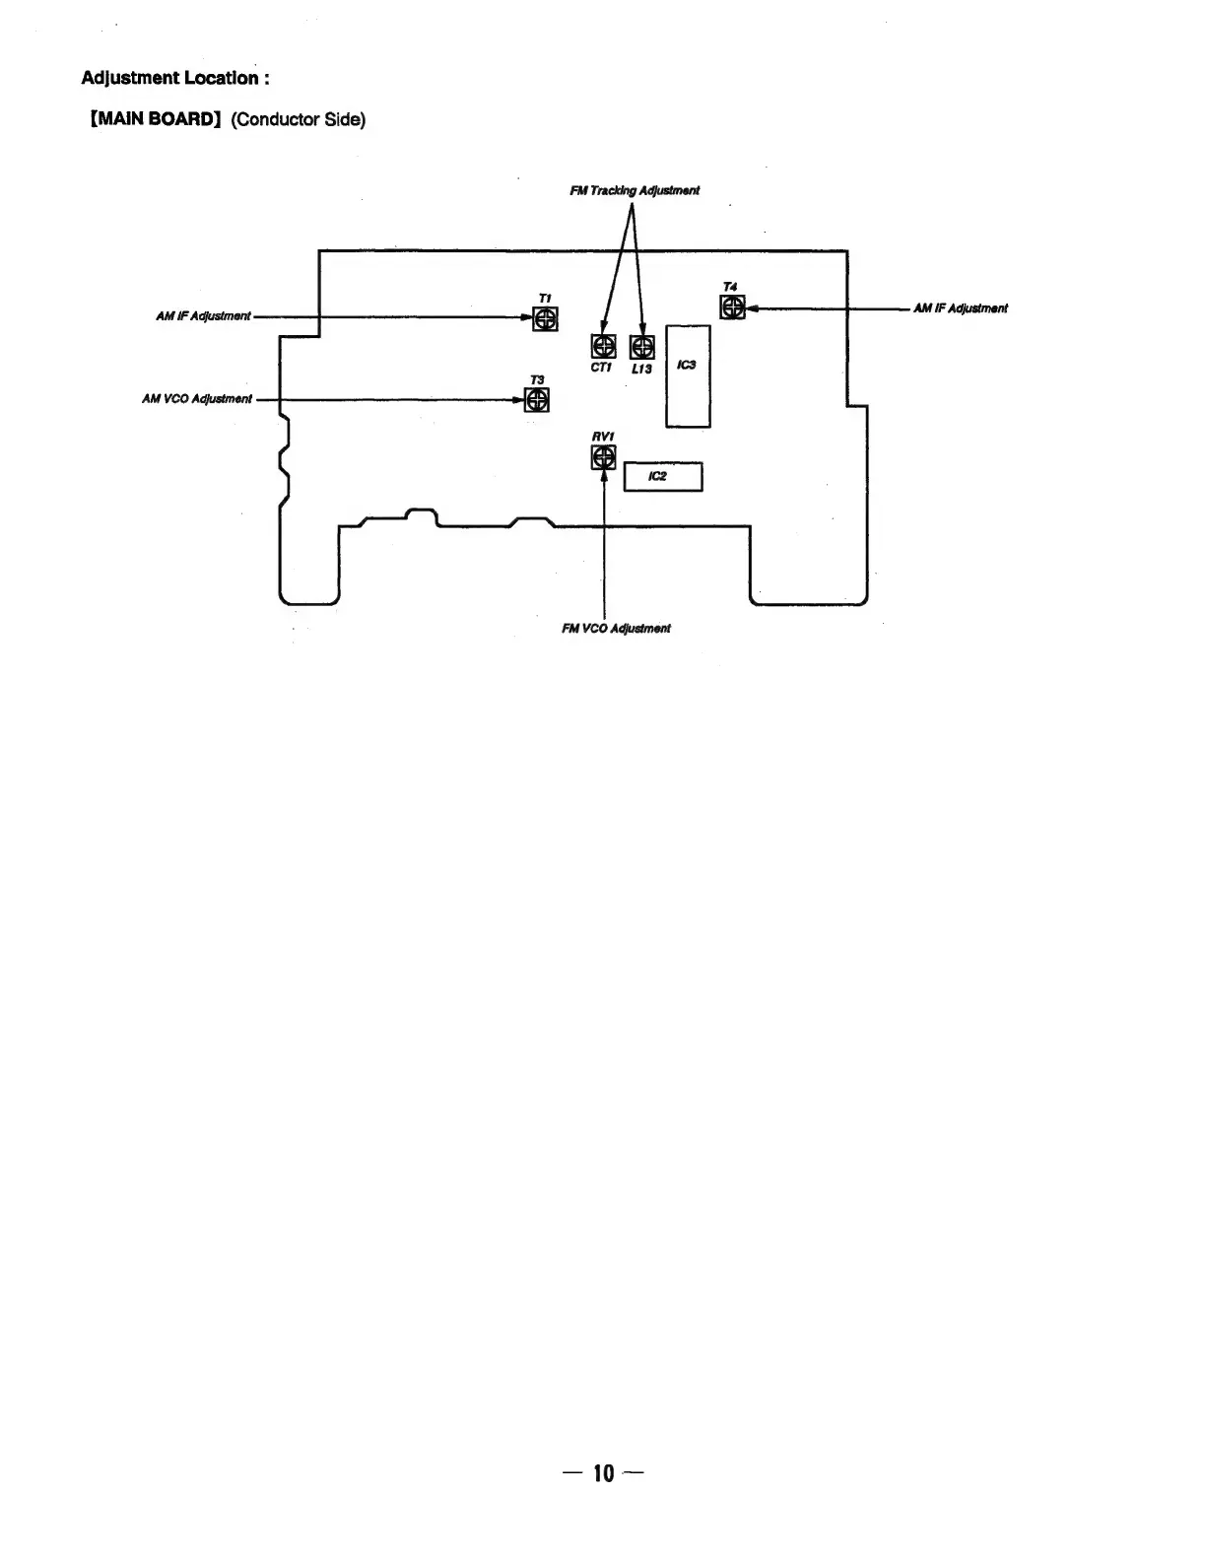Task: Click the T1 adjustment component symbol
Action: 545,318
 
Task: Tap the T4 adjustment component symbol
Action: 731,307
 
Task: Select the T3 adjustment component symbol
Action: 537,399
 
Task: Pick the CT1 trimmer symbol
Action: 603,346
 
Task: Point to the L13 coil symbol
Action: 642,346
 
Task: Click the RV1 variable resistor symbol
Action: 603,457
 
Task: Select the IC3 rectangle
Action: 688,375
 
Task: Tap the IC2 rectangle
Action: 663,477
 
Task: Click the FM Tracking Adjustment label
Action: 635,190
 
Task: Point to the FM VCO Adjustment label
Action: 616,628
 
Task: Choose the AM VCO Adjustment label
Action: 197,399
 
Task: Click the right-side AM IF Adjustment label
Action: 960,308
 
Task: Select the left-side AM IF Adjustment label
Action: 203,316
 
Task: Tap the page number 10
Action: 603,1473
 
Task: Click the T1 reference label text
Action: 545,298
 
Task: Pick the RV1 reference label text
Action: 603,436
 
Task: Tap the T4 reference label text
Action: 730,287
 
